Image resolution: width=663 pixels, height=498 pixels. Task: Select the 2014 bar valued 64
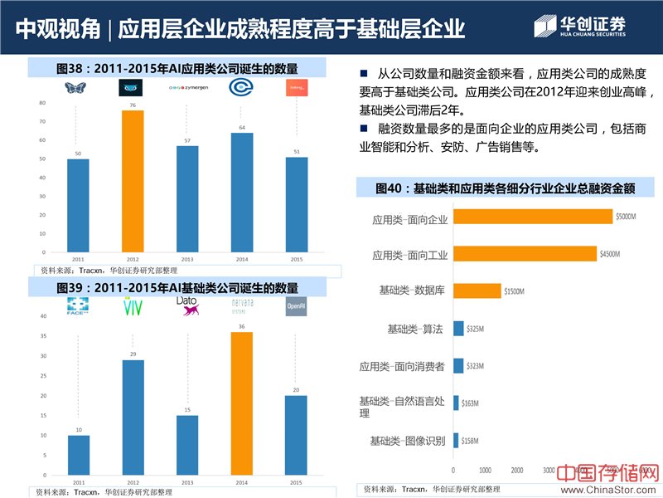click(241, 192)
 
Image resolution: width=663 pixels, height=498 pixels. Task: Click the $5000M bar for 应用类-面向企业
click(532, 217)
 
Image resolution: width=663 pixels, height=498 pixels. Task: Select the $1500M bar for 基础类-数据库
click(477, 290)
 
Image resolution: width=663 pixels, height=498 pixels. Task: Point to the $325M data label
click(476, 329)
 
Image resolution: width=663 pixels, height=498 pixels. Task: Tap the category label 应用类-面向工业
click(409, 255)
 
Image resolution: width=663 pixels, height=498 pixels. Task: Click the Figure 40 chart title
click(505, 188)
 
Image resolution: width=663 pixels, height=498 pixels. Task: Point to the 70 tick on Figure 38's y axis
click(42, 122)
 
